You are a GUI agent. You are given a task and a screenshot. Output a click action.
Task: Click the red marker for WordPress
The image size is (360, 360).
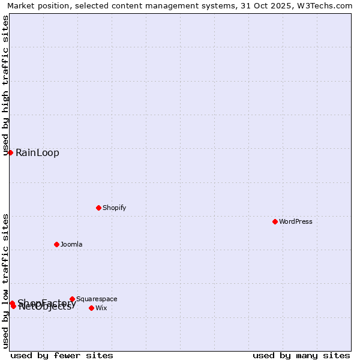click(275, 221)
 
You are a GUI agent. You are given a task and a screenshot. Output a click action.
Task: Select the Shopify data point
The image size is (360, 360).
click(98, 208)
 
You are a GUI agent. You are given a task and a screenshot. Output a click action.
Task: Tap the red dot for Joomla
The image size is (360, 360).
click(56, 244)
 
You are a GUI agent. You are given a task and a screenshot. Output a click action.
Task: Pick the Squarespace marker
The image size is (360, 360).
click(72, 299)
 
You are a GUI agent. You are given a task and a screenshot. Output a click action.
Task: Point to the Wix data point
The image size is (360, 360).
click(91, 308)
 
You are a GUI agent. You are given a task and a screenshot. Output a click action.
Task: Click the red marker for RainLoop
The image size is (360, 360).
click(10, 152)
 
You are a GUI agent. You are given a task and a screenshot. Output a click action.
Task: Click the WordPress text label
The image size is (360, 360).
click(296, 221)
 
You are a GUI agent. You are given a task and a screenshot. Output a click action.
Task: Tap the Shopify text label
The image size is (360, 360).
click(114, 208)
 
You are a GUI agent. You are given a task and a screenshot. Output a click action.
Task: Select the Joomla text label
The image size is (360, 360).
click(71, 244)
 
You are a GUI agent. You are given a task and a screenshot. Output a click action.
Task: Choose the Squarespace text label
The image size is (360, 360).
click(97, 299)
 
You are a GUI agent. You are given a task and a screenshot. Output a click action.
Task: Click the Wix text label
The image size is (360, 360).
click(101, 308)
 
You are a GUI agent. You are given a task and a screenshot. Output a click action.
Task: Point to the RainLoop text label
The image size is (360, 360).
click(37, 152)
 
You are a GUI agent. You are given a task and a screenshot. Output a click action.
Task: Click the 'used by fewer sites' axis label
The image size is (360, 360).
click(62, 355)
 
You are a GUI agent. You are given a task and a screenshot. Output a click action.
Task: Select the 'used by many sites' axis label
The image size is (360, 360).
click(301, 355)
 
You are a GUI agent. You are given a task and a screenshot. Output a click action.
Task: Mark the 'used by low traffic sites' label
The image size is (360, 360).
click(5, 281)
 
